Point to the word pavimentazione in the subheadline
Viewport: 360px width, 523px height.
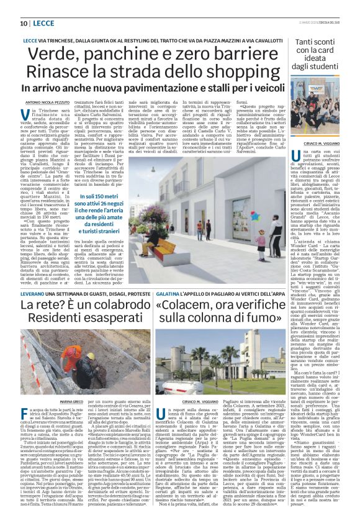coord(171,88)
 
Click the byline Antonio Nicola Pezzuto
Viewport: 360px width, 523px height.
coord(47,102)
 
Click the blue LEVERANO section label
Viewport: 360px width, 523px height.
coord(37,291)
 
